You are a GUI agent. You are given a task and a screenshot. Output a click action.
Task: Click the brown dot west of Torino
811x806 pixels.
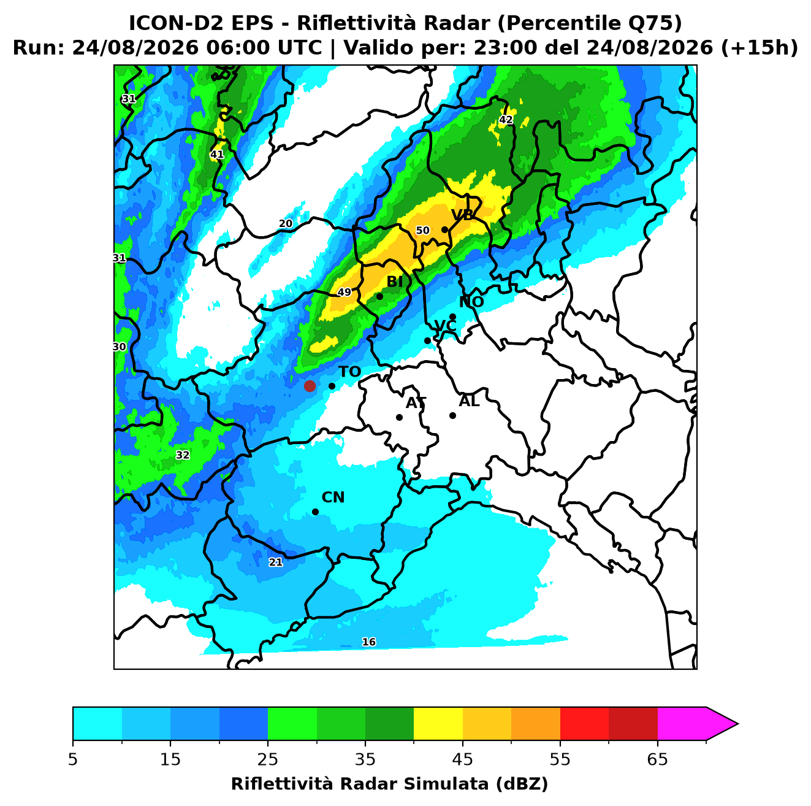pyautogui.click(x=310, y=385)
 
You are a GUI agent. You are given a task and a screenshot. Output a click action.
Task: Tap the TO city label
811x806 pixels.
pyautogui.click(x=349, y=372)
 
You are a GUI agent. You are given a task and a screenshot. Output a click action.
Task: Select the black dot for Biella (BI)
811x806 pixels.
pyautogui.click(x=379, y=296)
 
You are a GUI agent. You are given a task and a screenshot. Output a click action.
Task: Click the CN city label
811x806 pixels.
pyautogui.click(x=333, y=497)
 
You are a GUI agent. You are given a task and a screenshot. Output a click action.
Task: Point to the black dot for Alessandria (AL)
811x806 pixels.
pyautogui.click(x=452, y=415)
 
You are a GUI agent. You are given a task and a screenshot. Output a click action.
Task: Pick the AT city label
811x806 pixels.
pyautogui.click(x=416, y=403)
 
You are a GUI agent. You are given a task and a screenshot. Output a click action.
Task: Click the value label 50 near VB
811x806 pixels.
pyautogui.click(x=422, y=231)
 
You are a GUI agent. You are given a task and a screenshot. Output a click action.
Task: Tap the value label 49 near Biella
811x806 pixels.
pyautogui.click(x=345, y=292)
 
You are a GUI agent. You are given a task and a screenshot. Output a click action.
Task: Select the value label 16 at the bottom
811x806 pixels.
pyautogui.click(x=368, y=642)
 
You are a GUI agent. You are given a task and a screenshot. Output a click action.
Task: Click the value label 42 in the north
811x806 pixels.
pyautogui.click(x=506, y=120)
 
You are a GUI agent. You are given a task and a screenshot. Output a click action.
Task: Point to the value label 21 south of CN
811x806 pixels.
pyautogui.click(x=276, y=562)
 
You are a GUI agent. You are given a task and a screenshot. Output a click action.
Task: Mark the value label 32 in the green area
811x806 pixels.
pyautogui.click(x=182, y=455)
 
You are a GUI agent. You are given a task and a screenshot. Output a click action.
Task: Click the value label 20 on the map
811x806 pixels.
pyautogui.click(x=286, y=224)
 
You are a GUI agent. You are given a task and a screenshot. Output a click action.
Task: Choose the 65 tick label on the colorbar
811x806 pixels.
pyautogui.click(x=657, y=759)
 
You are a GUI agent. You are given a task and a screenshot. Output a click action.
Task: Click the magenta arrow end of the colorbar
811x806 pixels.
pyautogui.click(x=722, y=724)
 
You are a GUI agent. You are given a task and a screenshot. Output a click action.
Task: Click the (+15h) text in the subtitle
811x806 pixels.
pyautogui.click(x=759, y=48)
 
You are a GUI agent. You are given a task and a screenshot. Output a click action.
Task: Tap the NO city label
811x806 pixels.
pyautogui.click(x=471, y=302)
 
